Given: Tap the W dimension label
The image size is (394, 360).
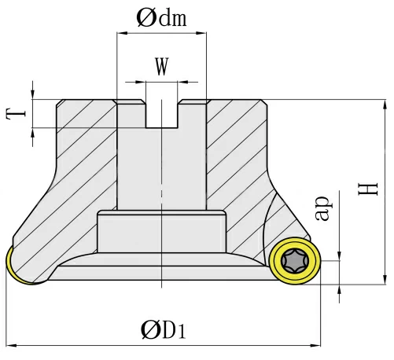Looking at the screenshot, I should tap(161, 67).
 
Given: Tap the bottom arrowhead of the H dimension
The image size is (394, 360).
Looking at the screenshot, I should tap(385, 277).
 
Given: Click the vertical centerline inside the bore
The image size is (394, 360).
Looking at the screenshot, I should tap(161, 173).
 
